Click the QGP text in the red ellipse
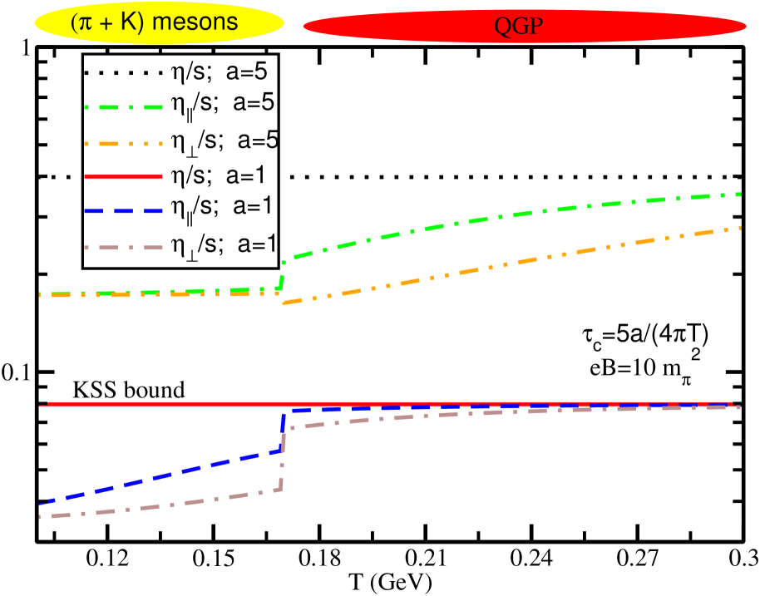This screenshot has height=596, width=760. (519, 26)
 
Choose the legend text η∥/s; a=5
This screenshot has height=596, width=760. (221, 105)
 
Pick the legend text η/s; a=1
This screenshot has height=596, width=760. (220, 175)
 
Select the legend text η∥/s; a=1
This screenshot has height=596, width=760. (221, 208)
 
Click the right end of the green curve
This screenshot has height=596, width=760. (740, 195)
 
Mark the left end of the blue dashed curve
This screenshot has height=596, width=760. (41, 503)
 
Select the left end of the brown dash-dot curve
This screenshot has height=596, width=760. (41, 517)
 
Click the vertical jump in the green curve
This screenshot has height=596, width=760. (283, 274)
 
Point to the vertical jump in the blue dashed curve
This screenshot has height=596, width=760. (283, 431)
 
